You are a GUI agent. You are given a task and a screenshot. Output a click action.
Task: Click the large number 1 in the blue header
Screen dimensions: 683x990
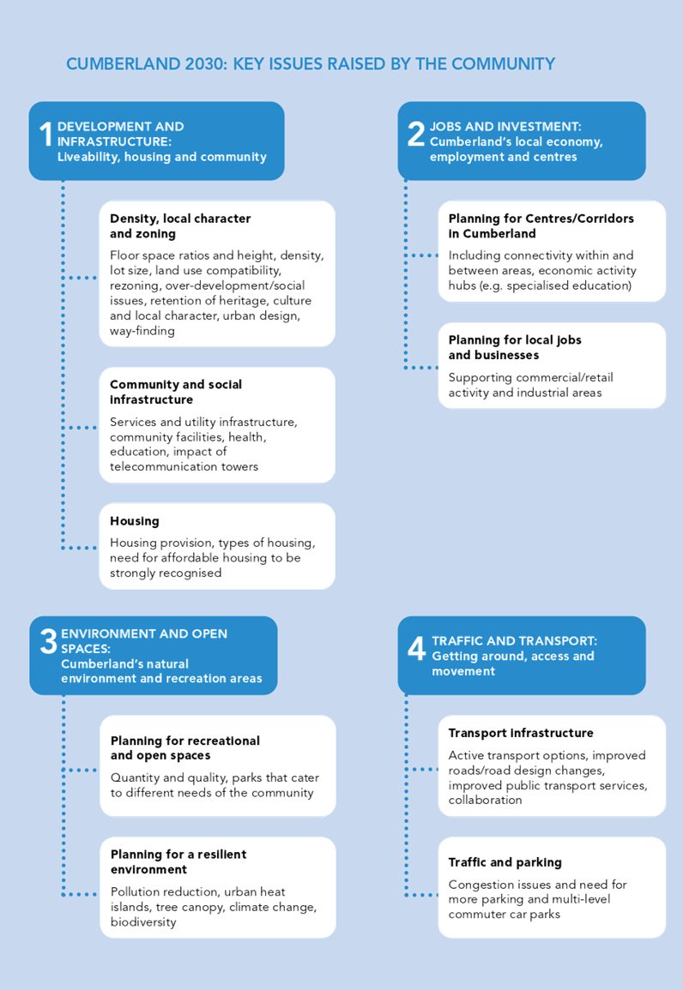(45, 134)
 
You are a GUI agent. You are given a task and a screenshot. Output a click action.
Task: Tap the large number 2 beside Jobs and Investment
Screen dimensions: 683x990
(416, 134)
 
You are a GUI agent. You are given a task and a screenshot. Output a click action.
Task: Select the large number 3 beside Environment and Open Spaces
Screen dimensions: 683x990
(49, 641)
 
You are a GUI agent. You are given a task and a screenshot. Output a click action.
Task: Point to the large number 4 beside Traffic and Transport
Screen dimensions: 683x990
(416, 648)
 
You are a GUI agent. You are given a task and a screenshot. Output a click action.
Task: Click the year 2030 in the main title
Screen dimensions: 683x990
(206, 63)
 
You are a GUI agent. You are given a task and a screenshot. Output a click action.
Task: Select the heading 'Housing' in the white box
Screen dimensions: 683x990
(135, 521)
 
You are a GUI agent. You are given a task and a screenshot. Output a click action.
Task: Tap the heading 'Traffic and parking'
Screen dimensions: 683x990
(505, 862)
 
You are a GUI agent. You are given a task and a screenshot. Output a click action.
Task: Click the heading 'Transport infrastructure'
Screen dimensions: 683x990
(521, 733)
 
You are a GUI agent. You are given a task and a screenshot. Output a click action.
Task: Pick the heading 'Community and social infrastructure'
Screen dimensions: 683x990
(176, 392)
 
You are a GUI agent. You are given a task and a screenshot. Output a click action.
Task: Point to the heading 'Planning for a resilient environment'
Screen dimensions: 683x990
(178, 861)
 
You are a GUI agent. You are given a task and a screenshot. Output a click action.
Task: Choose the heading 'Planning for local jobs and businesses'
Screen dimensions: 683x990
(514, 347)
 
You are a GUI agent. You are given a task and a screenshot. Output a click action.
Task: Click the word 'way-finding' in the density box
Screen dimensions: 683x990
(142, 331)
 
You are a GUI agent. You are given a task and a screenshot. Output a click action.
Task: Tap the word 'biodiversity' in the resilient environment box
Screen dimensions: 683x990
(143, 921)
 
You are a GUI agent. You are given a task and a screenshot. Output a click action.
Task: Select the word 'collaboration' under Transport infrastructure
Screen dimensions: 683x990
(486, 800)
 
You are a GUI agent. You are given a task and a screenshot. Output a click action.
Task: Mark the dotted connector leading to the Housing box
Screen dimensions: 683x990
(79, 548)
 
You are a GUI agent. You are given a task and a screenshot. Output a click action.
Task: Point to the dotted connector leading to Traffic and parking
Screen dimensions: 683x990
(420, 895)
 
